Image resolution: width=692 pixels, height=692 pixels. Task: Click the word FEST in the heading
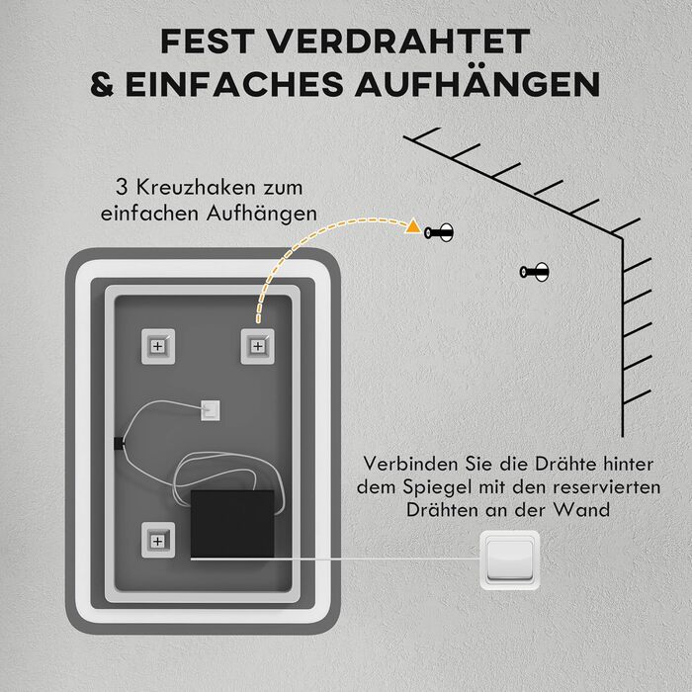tap(208, 42)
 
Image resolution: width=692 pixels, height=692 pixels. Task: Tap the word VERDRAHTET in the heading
tap(399, 42)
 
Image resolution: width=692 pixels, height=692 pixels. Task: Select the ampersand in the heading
tap(103, 84)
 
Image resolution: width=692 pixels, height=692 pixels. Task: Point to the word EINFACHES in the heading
tap(234, 84)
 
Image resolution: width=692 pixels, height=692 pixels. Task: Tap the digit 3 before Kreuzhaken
tap(122, 188)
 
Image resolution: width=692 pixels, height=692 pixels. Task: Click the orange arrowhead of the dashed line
tap(413, 226)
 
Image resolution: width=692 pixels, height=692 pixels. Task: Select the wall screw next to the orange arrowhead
tap(439, 232)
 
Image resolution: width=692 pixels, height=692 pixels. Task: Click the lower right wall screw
tap(534, 272)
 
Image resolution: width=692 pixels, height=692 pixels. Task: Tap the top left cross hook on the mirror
tap(158, 346)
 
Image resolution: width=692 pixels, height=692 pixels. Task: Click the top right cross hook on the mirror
tap(258, 346)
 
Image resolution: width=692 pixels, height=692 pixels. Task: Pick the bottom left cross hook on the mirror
tap(158, 540)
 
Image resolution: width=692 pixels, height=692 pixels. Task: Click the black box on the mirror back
tap(232, 524)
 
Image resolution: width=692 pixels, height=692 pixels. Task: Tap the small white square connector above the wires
tap(211, 410)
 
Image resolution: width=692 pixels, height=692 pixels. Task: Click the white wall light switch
tap(510, 561)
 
